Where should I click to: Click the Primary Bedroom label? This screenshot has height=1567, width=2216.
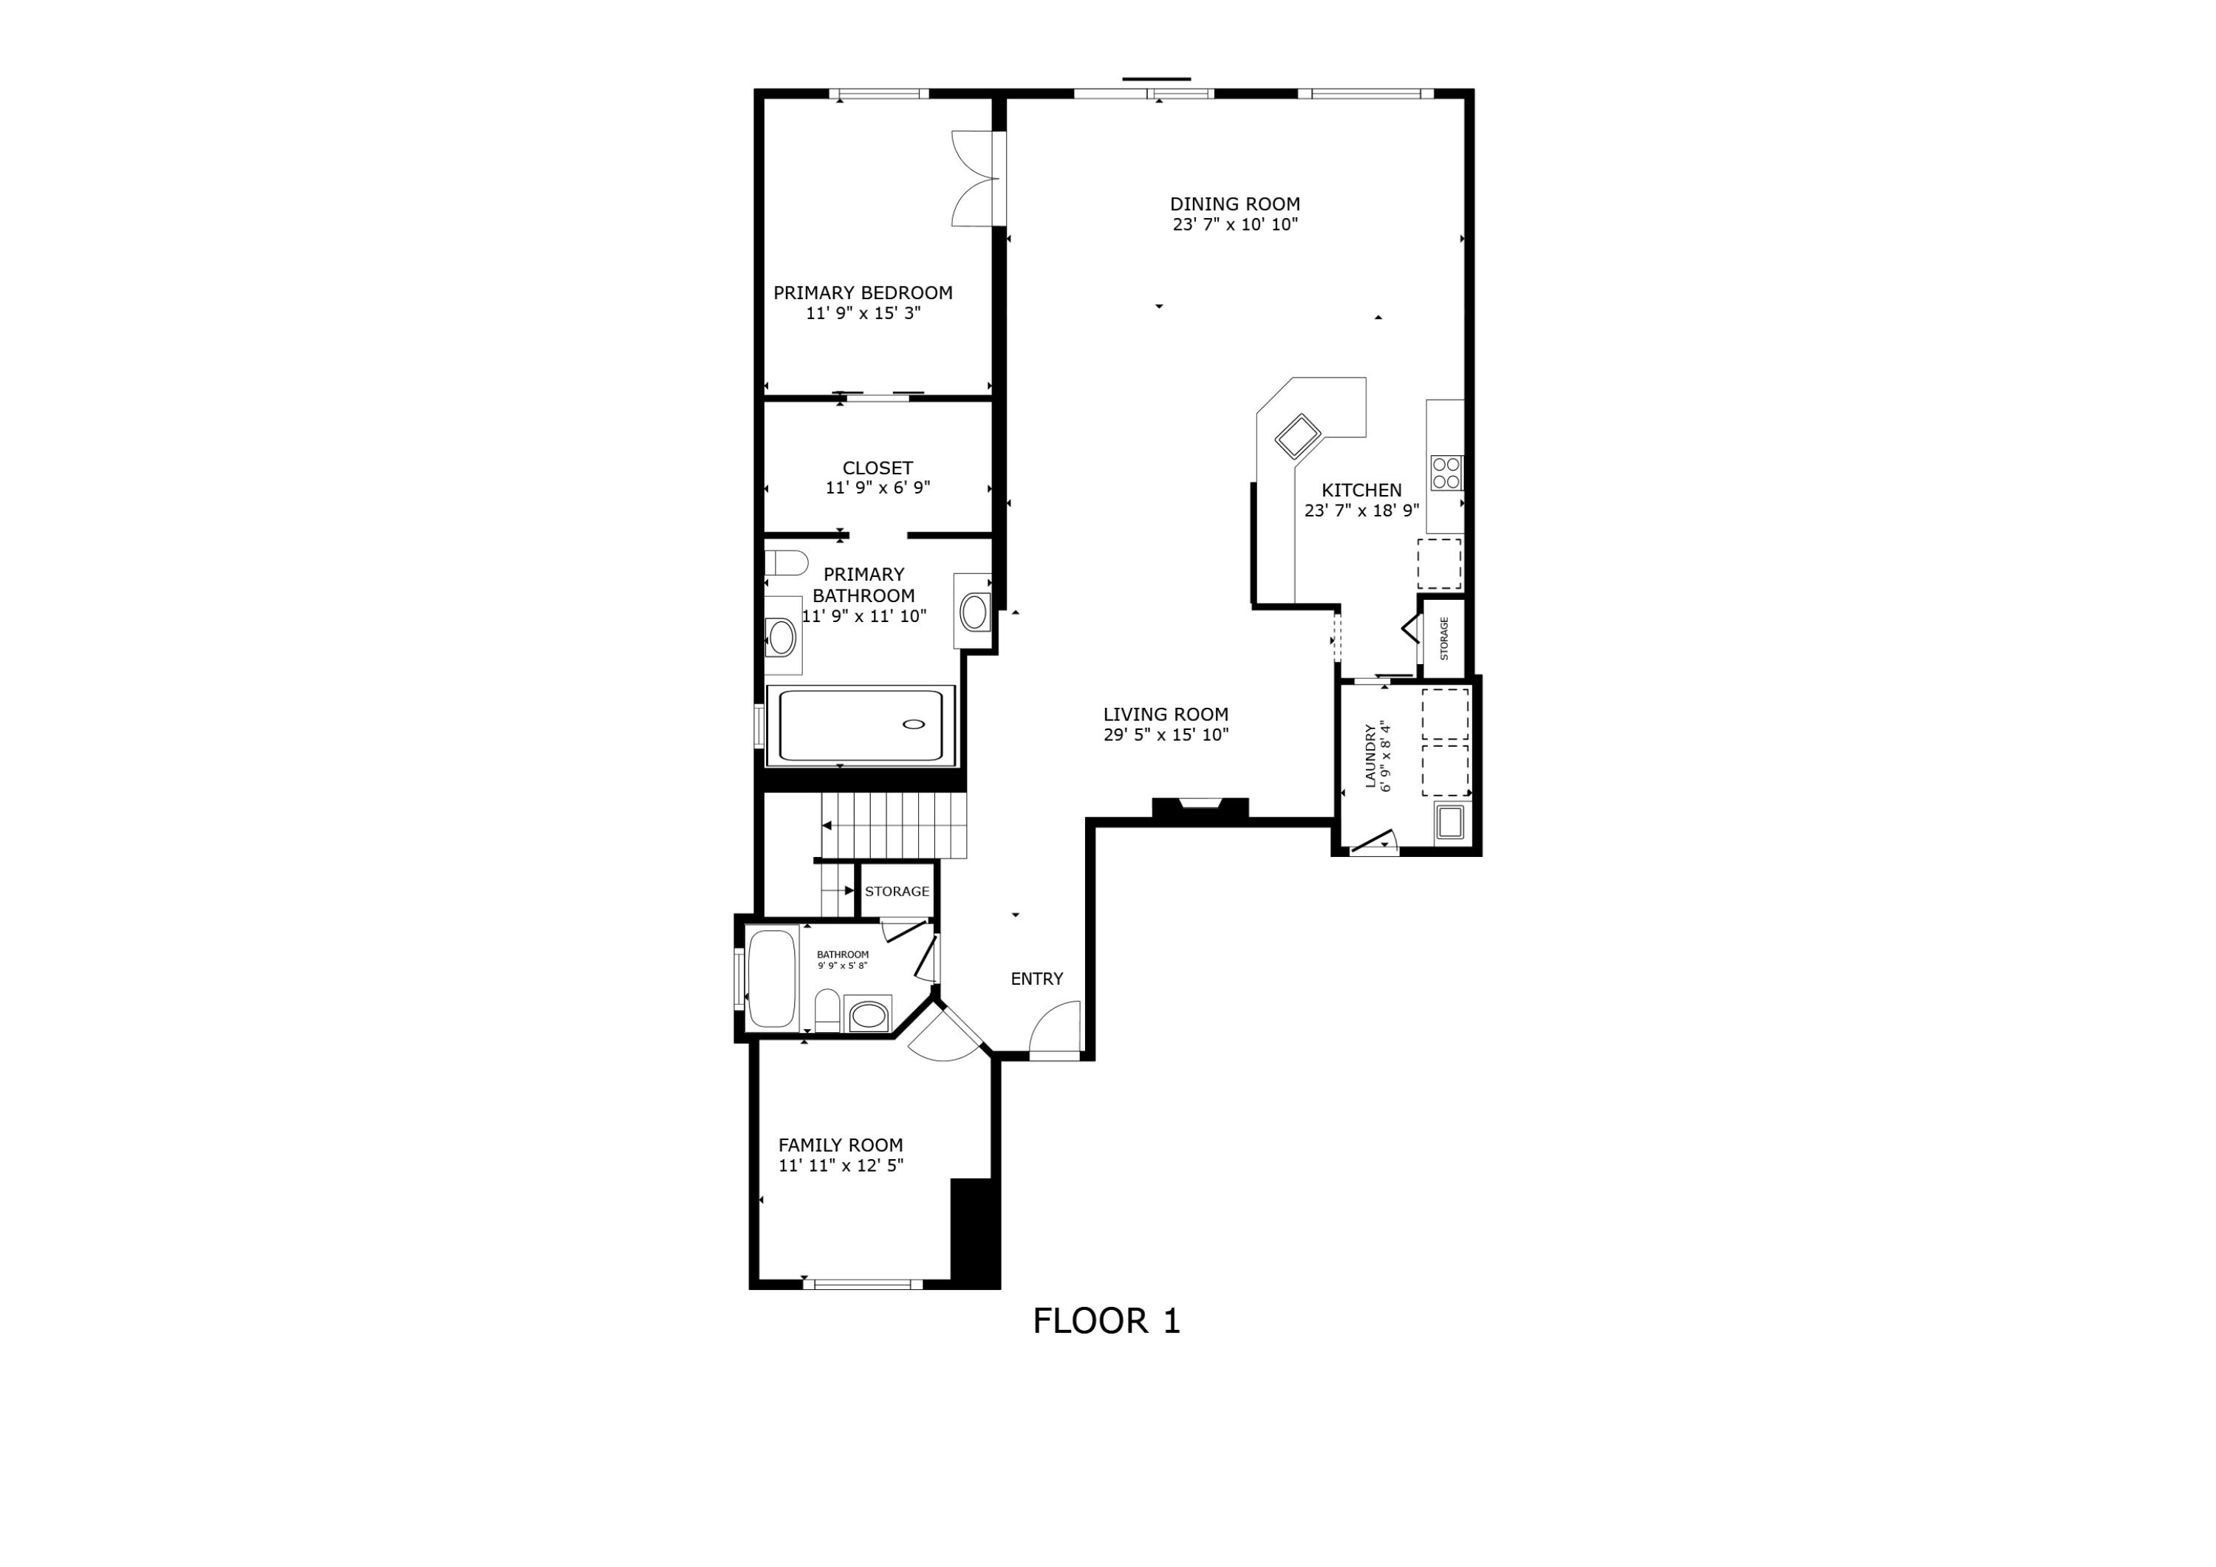[862, 293]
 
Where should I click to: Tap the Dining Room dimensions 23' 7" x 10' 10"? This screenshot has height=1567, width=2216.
[1234, 225]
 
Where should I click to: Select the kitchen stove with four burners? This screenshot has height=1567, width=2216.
[1446, 473]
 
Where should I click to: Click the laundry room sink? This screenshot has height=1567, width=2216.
[1449, 822]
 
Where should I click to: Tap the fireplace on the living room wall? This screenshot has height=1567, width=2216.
[1200, 808]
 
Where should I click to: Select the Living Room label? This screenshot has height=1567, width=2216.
[1165, 714]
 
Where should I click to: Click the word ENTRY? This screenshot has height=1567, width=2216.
[1036, 979]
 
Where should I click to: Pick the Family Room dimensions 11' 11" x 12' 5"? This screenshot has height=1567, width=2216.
[841, 1165]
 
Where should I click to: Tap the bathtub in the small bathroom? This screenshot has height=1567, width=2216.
[771, 977]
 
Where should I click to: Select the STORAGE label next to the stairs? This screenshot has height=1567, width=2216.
[897, 891]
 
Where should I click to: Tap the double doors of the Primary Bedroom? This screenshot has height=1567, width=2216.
[975, 179]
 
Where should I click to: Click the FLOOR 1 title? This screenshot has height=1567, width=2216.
[1106, 1321]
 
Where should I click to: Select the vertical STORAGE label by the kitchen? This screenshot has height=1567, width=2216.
[1444, 638]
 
